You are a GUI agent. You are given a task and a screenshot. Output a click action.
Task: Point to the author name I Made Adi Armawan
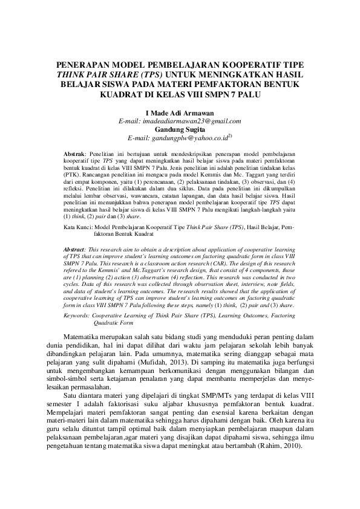click(180, 113)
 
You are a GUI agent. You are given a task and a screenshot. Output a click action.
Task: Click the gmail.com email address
click(180, 121)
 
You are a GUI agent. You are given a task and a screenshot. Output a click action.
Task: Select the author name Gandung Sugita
click(180, 129)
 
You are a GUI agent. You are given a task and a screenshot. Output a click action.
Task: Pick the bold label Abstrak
click(75, 155)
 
